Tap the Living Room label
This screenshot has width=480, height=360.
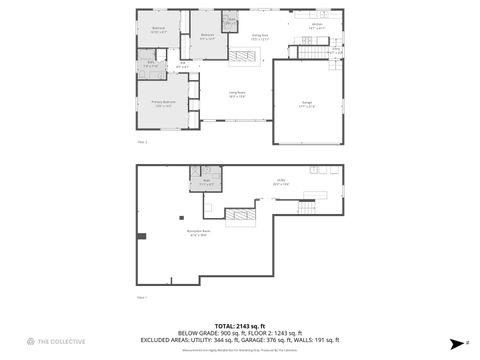237,96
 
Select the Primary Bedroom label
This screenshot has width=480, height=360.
164,103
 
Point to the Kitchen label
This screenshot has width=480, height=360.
316,26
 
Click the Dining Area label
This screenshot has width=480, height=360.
259,38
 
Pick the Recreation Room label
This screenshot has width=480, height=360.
197,235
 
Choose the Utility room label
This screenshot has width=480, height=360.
283,183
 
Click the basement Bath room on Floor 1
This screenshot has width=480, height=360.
205,184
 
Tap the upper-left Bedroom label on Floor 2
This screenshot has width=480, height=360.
158,30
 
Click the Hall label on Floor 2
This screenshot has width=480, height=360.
183,66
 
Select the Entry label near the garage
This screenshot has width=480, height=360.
336,50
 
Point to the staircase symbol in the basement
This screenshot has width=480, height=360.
237,215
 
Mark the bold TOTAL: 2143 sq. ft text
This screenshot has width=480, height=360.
239,325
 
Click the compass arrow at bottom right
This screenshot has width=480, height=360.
453,342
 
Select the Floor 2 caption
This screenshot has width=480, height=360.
141,142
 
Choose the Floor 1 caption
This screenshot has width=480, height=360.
141,297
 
